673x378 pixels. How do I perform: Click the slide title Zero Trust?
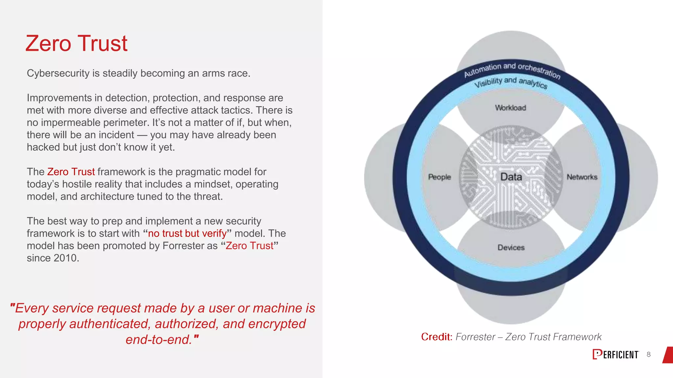(x=76, y=43)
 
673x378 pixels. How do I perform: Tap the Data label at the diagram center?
(x=511, y=177)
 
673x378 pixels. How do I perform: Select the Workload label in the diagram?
(x=510, y=108)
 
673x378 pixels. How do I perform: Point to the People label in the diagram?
(x=439, y=177)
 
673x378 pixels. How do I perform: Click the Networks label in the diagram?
(x=582, y=177)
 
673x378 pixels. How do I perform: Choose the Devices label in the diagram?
(x=511, y=247)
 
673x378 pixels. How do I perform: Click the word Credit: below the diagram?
(x=437, y=337)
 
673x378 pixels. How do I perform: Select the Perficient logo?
(x=615, y=354)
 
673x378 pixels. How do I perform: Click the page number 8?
(x=648, y=354)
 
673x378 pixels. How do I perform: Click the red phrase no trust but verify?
(x=187, y=233)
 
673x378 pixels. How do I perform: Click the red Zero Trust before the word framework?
(x=71, y=172)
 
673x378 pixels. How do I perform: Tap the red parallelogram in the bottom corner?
(x=668, y=355)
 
